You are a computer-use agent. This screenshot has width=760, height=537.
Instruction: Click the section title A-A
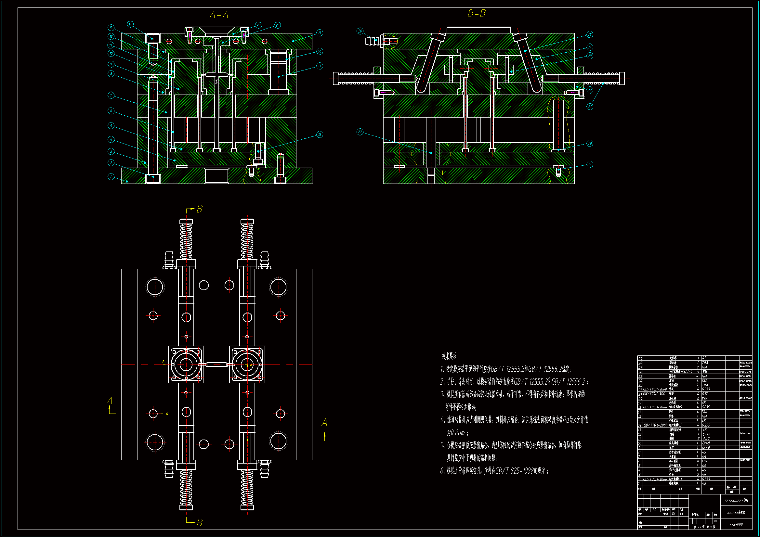coord(219,15)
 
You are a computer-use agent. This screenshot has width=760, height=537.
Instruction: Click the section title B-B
coord(476,14)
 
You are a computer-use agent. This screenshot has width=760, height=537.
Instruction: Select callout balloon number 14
coord(130,24)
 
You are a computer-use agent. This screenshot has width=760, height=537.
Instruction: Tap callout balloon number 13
coord(111,28)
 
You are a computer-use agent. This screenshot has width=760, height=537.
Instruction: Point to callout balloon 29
coord(258,25)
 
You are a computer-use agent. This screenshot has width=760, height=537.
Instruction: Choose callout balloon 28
coord(277,25)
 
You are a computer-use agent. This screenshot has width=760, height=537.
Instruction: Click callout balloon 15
coord(320,33)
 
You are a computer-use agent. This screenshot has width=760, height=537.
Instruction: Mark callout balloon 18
coord(320,134)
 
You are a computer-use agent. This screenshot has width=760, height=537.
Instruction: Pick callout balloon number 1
coord(111,177)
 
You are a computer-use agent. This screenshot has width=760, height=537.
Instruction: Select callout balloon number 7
coord(111,95)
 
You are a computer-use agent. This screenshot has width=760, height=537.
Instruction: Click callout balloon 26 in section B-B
coord(360,31)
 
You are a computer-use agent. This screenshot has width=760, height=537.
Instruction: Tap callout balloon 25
coord(590,34)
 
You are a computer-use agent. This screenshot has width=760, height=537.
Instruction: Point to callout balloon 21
coord(590,107)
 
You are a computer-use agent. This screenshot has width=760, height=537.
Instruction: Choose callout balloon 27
coord(360,132)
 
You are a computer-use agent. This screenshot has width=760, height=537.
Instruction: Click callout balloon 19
coord(590,164)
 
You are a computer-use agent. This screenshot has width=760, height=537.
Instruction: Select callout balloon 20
coord(590,143)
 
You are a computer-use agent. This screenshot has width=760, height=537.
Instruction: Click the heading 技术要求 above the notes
coord(449,356)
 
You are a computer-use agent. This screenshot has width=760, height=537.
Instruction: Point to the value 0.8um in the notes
coord(456,433)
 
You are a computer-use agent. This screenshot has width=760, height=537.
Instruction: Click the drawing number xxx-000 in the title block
coord(736,524)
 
